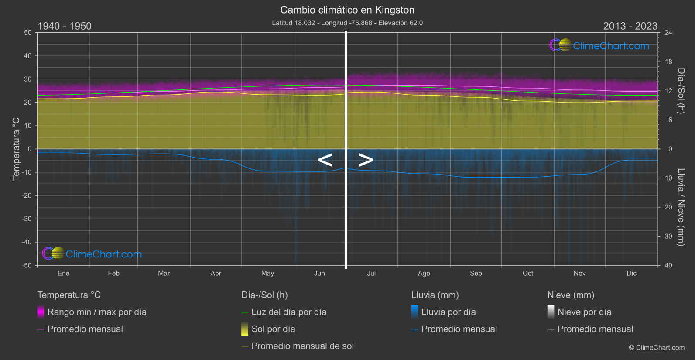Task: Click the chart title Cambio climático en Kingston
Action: point(347,10)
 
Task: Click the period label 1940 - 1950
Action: point(65,26)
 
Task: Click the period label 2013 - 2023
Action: point(630,26)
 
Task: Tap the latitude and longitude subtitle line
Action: point(347,23)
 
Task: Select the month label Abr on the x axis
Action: point(216,273)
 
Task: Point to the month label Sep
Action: point(476,273)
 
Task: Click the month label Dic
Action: point(631,273)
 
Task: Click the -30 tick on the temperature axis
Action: point(27,219)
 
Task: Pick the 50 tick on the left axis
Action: point(28,33)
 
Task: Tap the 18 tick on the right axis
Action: point(668,62)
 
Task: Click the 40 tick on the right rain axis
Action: point(668,265)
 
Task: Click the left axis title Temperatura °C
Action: point(16,148)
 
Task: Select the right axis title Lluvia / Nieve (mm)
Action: point(681,207)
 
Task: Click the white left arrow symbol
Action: point(325,160)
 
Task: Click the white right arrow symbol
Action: point(366,160)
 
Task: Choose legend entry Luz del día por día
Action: point(288,312)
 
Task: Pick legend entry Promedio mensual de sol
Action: point(302,346)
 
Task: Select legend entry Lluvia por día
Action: point(448,312)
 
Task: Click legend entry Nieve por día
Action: point(584,312)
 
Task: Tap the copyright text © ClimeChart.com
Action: point(657,347)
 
